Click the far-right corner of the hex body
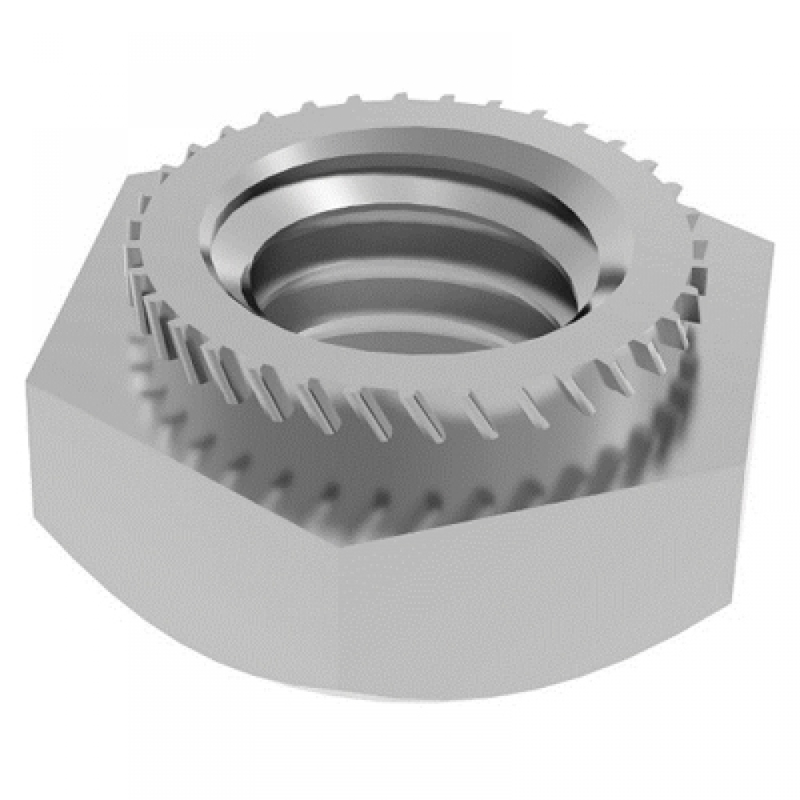[773, 240]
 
